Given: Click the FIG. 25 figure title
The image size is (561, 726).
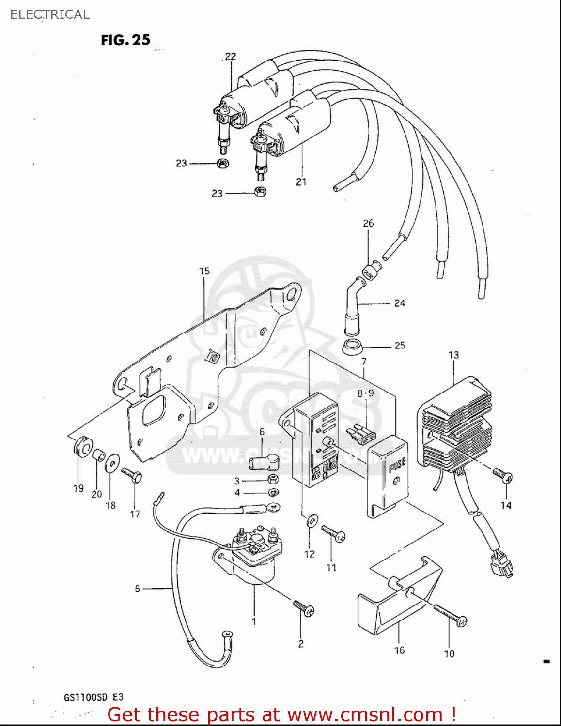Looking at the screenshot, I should click(125, 40).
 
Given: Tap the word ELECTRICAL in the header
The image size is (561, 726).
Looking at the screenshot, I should click(50, 15).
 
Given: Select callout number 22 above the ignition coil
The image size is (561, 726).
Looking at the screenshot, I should click(231, 56).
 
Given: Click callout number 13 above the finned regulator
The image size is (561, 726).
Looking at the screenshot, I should click(453, 355).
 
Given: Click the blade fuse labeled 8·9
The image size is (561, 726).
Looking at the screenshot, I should click(359, 433).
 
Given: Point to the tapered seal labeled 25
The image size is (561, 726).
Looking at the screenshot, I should click(353, 347).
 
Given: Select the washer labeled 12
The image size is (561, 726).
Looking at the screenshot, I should click(311, 521).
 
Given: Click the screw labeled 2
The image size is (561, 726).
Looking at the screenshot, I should click(303, 608).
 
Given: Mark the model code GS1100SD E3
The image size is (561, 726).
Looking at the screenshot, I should click(93, 697).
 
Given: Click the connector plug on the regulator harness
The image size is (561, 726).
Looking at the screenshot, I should click(501, 565).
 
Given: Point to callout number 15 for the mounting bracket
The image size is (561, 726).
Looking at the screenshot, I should click(204, 271).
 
